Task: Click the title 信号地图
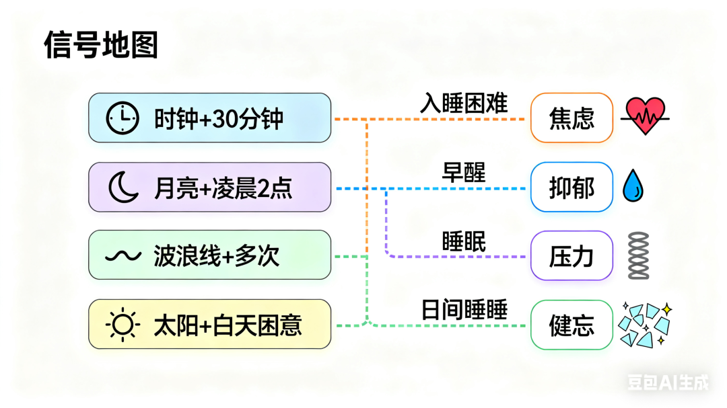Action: click(x=101, y=46)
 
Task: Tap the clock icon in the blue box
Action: click(x=123, y=118)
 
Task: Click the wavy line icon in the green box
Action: click(x=123, y=255)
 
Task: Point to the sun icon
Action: click(x=123, y=324)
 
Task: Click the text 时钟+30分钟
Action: click(x=219, y=119)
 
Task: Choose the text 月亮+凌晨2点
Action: click(x=223, y=188)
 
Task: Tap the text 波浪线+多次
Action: click(x=217, y=256)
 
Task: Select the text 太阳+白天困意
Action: click(x=228, y=325)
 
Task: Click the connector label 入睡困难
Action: click(x=464, y=103)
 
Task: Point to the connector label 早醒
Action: click(x=464, y=171)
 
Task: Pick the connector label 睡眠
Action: click(x=464, y=240)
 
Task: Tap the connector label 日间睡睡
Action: click(x=464, y=309)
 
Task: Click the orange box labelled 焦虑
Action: click(x=572, y=118)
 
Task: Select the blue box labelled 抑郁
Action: click(x=572, y=187)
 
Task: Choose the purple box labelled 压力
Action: click(x=572, y=255)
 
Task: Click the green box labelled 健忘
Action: click(x=572, y=325)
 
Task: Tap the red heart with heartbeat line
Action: click(x=645, y=116)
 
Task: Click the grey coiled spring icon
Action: click(x=638, y=255)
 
